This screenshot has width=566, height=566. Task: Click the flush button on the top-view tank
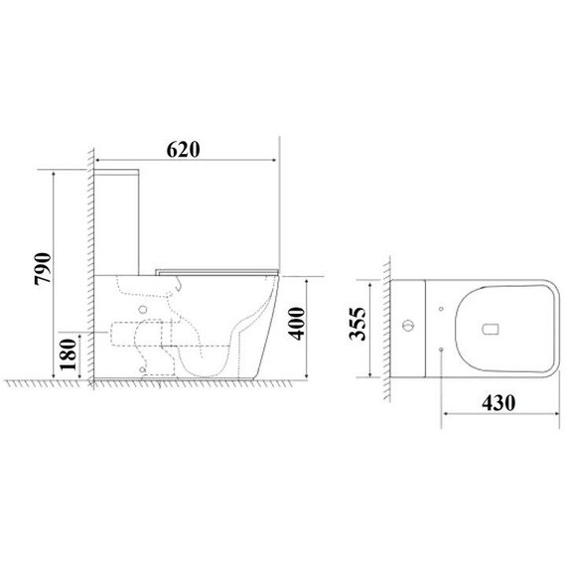[406, 326]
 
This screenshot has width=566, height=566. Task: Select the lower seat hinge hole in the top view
[438, 350]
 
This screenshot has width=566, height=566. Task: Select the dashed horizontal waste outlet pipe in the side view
[119, 333]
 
